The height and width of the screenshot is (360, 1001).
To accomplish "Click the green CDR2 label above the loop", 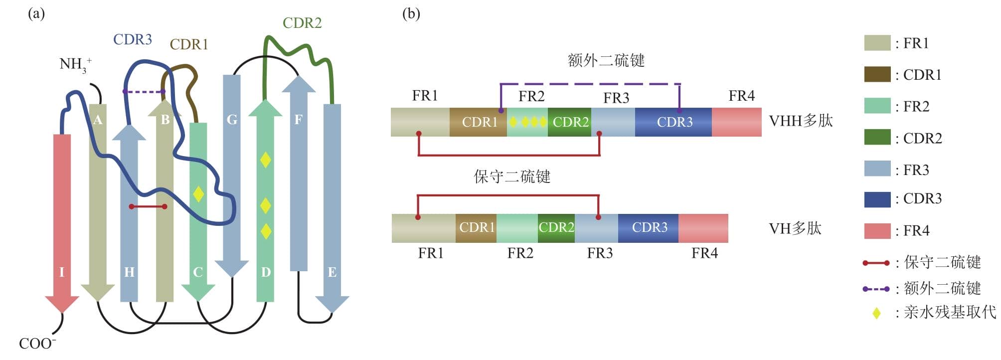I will pos(302,23).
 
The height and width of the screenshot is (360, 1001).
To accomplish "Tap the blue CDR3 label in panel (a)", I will pos(132,39).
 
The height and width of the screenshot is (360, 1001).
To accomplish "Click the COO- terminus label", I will pos(37,344).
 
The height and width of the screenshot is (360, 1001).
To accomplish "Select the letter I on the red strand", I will pos(62,272).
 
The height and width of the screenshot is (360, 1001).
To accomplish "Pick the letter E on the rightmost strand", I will pos(332,272).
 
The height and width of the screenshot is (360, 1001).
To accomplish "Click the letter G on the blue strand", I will pos(232,120).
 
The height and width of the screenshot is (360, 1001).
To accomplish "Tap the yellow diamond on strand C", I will pos(198,194).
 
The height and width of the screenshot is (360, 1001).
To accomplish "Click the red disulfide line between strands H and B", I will pos(148,206).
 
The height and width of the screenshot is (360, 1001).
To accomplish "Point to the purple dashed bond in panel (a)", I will pos(144,92).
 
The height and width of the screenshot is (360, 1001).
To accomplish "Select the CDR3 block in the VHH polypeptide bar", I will pos(674,122).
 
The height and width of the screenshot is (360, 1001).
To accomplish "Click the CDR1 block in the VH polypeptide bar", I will pos(477,228).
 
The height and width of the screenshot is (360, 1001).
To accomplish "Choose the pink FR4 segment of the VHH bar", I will pos(736,122).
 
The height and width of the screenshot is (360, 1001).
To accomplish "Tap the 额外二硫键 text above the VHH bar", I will pos(606,61).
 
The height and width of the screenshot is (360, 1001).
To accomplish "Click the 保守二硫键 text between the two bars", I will pos(512,177).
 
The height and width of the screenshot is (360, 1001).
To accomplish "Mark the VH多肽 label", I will pos(795,228).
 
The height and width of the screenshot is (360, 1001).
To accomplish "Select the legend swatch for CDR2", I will pos(877,138).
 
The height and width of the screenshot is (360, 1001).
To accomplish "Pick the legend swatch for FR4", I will pos(877,231).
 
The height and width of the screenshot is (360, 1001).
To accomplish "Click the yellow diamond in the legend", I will pos(876,313).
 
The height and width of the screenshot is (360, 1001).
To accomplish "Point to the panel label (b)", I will pos(411,13).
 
